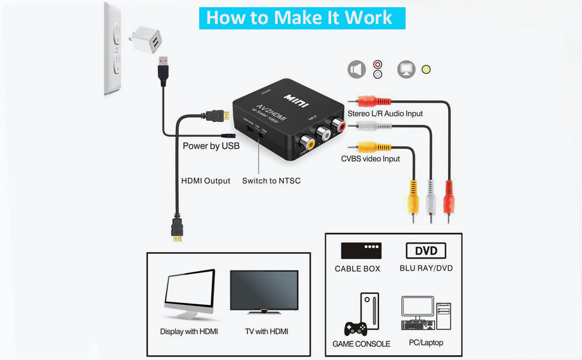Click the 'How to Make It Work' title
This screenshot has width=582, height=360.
(302, 17)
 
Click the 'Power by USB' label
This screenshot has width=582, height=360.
(211, 146)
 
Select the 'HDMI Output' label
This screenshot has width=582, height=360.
(206, 181)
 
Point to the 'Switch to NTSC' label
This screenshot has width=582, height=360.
(271, 181)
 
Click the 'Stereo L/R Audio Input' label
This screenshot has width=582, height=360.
(385, 113)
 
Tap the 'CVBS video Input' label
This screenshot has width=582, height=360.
(370, 158)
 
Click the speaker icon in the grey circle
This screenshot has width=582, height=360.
(356, 70)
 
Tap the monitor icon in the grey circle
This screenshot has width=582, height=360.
(406, 70)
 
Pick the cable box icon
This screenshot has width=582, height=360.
(361, 250)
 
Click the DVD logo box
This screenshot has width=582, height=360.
(426, 250)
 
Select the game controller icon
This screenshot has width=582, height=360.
(355, 328)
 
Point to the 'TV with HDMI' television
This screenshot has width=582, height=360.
(265, 292)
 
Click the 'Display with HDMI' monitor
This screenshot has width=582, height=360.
(189, 294)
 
